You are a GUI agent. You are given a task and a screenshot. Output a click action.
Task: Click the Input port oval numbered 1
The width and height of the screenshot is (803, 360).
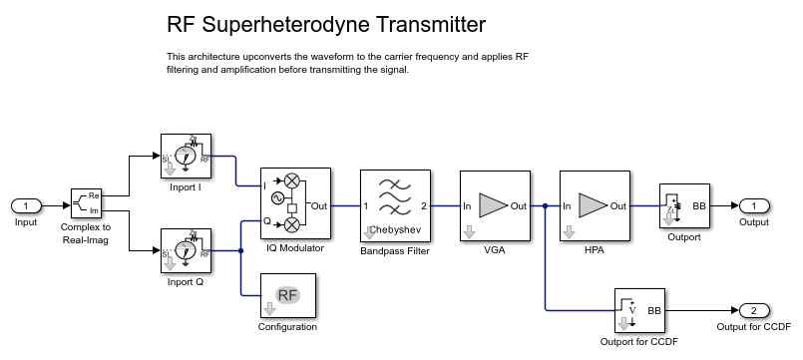point(26,205)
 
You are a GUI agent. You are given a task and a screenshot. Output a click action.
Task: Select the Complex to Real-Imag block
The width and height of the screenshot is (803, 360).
point(86,203)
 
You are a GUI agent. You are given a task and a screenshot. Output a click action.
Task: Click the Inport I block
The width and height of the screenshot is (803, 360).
point(186,156)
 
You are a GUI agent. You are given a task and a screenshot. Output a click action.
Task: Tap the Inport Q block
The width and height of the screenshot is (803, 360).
point(186,250)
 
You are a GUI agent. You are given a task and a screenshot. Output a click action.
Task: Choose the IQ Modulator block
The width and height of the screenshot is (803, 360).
point(295,203)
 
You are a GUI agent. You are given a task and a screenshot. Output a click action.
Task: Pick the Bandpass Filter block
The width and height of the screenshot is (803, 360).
point(395,205)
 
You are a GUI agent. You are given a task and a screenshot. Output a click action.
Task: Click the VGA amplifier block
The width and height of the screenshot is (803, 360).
point(495,205)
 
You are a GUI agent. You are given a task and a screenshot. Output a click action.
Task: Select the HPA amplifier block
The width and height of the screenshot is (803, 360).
point(595,205)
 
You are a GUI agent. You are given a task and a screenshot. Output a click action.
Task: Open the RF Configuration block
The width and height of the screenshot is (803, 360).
point(288,295)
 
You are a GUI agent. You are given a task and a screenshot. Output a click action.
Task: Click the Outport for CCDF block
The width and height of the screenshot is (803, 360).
point(639,310)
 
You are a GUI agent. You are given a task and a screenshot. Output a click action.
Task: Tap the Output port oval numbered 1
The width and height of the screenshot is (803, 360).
point(754,205)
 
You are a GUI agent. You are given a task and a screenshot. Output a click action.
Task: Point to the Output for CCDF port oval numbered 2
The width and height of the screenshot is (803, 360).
point(754,310)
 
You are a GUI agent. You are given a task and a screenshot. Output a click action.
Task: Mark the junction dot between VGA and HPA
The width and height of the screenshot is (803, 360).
point(546,205)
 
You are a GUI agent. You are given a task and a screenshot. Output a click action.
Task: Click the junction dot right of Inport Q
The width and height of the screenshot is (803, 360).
point(240,250)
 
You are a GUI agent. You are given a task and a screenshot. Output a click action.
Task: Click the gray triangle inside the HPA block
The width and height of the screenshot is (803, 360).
point(594,205)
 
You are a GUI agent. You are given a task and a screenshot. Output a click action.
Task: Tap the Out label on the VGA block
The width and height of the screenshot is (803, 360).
point(519,205)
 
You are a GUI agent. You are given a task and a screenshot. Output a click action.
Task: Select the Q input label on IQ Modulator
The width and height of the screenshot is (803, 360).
point(266,221)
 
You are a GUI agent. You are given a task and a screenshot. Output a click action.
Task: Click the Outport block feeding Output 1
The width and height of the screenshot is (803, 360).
point(684,205)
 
